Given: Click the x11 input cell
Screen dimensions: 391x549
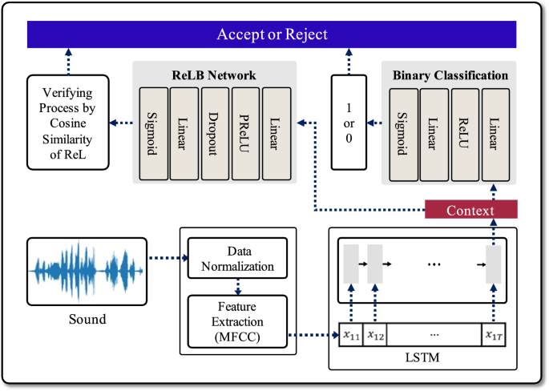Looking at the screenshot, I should pyautogui.click(x=351, y=335).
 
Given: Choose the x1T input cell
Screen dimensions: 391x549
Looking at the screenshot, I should pyautogui.click(x=493, y=335).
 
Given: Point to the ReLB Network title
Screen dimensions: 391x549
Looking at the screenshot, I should pyautogui.click(x=213, y=75).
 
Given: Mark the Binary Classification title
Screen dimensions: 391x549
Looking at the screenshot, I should pyautogui.click(x=450, y=75).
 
